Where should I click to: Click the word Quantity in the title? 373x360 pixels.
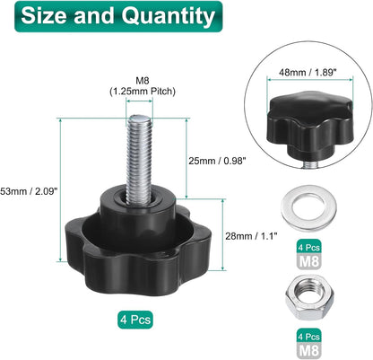pos(169,16)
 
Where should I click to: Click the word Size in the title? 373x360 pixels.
pos(44,15)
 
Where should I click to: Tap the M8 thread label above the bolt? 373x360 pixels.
pos(143,81)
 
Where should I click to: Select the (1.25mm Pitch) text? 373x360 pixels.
pos(143,91)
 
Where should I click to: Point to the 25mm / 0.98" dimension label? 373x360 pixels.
pos(217,161)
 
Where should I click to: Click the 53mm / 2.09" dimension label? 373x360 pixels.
pos(29,190)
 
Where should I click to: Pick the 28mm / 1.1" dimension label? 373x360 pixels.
pos(251,236)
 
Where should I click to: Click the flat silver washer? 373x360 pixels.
pos(308,208)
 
